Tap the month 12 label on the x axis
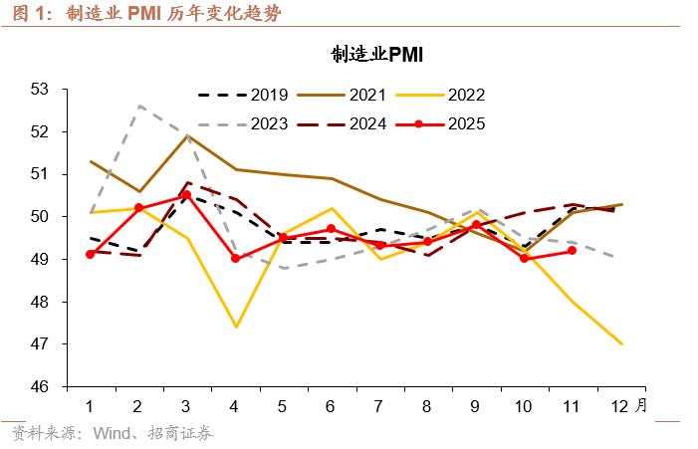tap(620, 406)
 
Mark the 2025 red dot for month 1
tap(91, 254)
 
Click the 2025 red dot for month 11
tap(573, 250)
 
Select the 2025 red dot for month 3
tap(187, 195)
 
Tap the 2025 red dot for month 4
tap(235, 258)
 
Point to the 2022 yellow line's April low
tap(235, 327)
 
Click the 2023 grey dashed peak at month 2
tap(139, 106)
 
